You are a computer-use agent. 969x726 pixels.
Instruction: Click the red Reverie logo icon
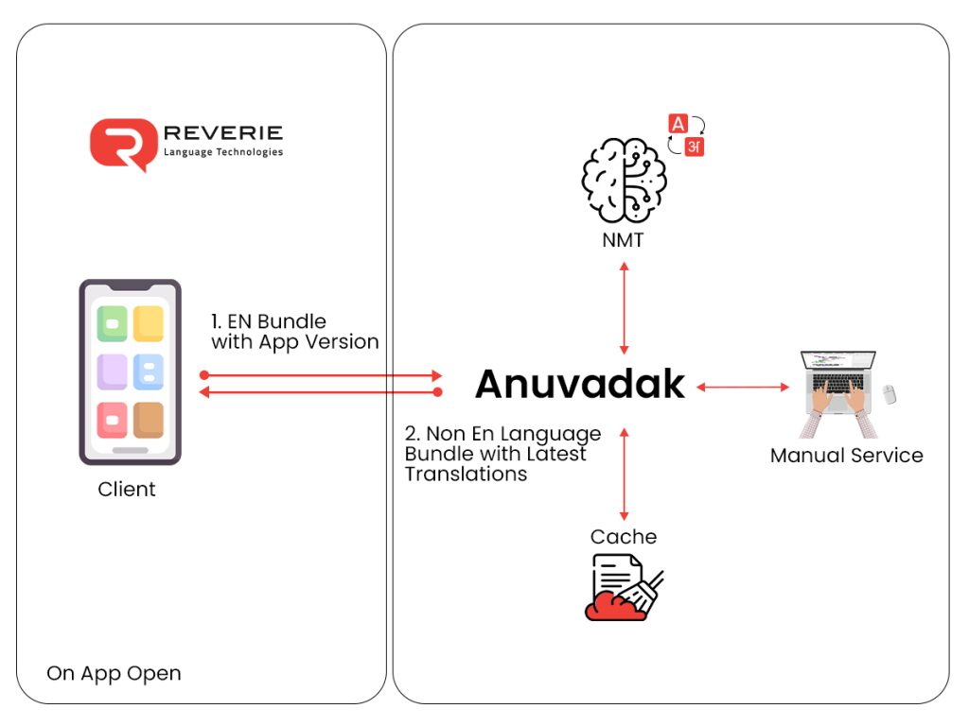tap(122, 144)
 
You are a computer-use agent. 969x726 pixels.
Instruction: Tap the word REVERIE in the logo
tap(223, 133)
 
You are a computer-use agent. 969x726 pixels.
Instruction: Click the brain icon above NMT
tap(624, 180)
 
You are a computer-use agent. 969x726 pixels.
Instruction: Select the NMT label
tap(623, 240)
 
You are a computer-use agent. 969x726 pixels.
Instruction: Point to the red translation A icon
tap(678, 124)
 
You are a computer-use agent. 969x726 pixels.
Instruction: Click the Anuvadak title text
tap(580, 384)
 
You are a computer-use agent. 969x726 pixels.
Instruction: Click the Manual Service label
tap(846, 456)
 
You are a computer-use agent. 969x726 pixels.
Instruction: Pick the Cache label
tap(624, 537)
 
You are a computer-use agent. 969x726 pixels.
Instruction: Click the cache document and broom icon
tap(623, 587)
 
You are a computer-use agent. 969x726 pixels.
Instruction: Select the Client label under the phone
tap(127, 490)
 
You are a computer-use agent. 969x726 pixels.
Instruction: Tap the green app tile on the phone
tap(113, 323)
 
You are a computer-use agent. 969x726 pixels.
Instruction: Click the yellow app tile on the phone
tap(149, 323)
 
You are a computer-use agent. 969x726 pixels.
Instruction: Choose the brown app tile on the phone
tap(149, 420)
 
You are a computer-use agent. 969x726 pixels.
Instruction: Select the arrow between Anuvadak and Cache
tap(624, 473)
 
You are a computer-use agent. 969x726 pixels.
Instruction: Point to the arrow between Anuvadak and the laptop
tap(743, 386)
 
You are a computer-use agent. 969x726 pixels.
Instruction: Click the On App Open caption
tap(114, 674)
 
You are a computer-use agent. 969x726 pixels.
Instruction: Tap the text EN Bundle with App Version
tap(294, 332)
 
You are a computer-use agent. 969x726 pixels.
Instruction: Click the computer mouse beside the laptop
tap(889, 392)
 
